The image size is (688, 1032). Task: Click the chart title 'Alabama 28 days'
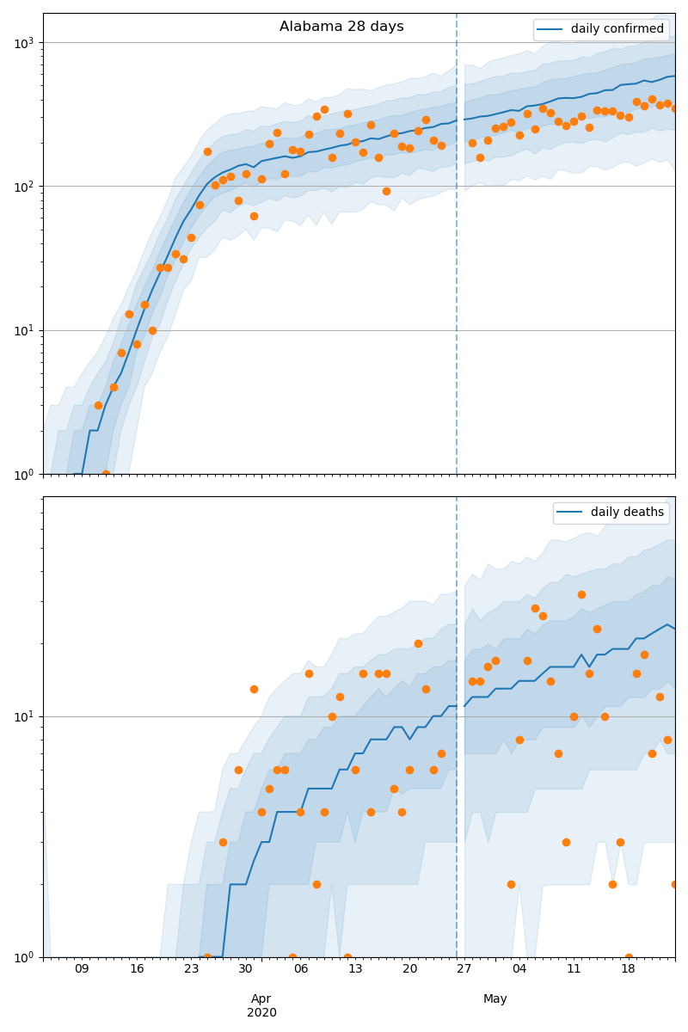(x=341, y=27)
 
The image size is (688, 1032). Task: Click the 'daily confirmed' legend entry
(x=617, y=29)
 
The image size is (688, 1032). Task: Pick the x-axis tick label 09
(x=82, y=969)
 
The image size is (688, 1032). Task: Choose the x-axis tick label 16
(x=137, y=969)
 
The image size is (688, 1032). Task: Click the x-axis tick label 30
(x=246, y=969)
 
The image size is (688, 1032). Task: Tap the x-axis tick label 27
(x=464, y=969)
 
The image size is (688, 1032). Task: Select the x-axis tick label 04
(x=519, y=969)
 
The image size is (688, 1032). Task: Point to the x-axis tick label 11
(x=574, y=969)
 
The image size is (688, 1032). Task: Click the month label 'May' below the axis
(x=495, y=998)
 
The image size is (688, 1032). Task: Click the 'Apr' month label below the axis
(x=261, y=998)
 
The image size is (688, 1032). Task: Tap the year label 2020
(x=261, y=1012)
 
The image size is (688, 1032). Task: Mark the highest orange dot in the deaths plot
(x=581, y=594)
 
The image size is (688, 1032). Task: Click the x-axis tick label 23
(x=191, y=969)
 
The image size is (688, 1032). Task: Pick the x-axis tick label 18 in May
(x=629, y=969)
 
